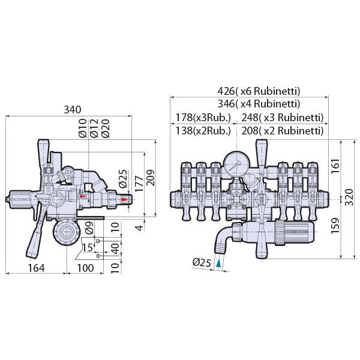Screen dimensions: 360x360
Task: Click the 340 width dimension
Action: point(73,110)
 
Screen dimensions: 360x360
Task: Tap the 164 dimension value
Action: point(36,268)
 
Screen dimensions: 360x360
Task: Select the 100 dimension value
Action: point(85,268)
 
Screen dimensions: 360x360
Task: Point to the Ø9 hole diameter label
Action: point(89,228)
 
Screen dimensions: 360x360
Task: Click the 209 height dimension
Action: point(151,178)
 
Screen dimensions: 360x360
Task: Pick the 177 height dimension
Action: point(139,184)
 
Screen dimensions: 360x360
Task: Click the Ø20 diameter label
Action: point(106,128)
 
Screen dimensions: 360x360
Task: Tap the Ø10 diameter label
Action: point(83,128)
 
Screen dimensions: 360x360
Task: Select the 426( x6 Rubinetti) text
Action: point(259,91)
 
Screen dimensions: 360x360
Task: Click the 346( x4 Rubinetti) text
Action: point(259,104)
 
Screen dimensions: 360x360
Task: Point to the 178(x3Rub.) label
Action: point(203,118)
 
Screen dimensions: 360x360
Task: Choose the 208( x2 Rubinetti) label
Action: point(283,131)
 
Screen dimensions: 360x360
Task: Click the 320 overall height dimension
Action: point(349,197)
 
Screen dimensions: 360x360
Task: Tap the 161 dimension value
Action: point(335,166)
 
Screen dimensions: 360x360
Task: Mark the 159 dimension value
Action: point(335,226)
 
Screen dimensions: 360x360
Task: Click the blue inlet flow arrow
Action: point(219,263)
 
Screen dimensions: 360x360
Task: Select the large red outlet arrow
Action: point(125,199)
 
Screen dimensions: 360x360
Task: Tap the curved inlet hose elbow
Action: point(223,239)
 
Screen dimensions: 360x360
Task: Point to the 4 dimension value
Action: point(139,227)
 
